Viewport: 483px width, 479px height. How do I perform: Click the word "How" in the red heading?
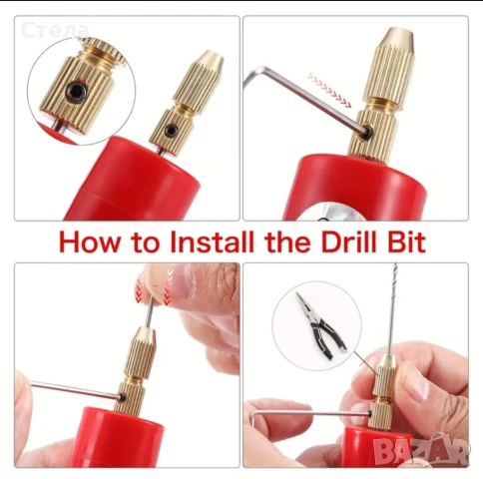point(89,241)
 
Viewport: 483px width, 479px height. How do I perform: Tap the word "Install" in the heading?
point(212,241)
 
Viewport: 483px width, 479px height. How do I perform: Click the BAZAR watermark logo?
point(421,451)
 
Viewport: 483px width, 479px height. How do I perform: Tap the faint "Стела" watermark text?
point(55,30)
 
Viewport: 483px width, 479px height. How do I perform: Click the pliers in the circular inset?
point(320,325)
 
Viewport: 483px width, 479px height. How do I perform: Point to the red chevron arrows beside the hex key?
point(329,90)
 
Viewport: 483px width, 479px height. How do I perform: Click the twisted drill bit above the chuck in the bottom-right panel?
point(393,308)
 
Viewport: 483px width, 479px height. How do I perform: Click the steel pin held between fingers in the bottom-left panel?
point(149,312)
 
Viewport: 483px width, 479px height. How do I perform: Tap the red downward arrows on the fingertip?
point(153,287)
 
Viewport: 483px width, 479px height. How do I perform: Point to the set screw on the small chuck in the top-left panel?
point(172,129)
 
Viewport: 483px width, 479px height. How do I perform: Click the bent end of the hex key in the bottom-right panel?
point(253,417)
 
